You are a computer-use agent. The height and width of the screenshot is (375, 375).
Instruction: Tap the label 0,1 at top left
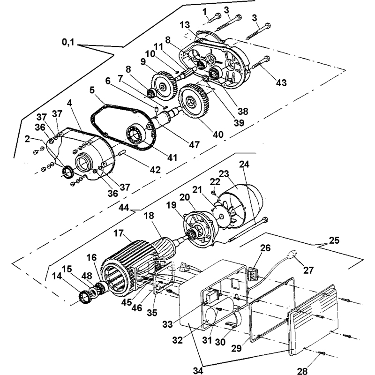tap(68, 42)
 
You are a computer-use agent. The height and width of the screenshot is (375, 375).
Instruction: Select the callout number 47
tap(194, 144)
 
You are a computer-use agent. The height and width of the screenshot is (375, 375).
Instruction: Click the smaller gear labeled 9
tap(164, 85)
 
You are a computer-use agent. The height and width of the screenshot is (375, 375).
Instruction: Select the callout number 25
tap(334, 240)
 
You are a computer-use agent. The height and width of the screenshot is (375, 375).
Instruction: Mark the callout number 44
tap(124, 207)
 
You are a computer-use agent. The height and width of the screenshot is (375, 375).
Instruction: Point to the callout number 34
tap(198, 370)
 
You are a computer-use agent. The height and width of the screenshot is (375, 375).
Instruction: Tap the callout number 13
tap(185, 25)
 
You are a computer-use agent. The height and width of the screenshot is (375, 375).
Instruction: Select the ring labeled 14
tap(84, 297)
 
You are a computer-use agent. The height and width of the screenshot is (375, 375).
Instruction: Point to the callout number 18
tap(149, 216)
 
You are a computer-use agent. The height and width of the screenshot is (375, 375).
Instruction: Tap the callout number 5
tap(92, 90)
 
